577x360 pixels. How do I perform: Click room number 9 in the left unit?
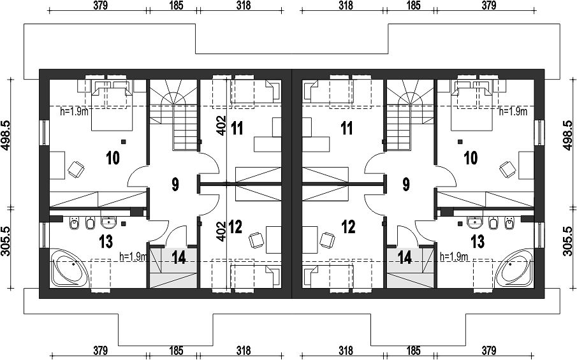point(175,184)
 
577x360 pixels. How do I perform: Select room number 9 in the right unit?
point(406,184)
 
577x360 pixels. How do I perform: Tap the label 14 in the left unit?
point(179,257)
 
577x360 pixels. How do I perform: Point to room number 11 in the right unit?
point(347,128)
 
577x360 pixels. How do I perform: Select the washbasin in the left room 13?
point(108,222)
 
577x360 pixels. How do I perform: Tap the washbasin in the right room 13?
point(475,222)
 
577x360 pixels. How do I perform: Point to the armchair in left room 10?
point(76,169)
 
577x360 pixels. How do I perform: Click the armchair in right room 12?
point(327,240)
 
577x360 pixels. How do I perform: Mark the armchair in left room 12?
point(257,240)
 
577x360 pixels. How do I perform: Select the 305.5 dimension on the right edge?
point(567,241)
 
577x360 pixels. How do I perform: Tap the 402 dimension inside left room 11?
point(221,126)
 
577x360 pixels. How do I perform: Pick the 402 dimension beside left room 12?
point(221,231)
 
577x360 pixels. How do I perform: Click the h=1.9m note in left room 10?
point(75,111)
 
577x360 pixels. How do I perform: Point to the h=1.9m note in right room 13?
point(454,256)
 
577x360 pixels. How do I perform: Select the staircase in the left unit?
point(173,115)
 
